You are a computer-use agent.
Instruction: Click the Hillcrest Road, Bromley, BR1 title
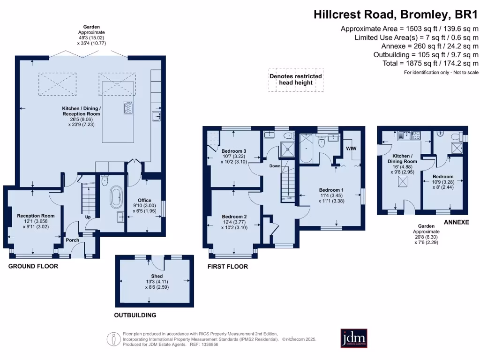tap(396, 14)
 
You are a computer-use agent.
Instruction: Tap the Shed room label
tap(157, 276)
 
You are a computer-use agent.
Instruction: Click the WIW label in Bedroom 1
tap(351, 148)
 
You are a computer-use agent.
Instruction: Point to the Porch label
tap(72, 240)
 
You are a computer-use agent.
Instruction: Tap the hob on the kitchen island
tap(128, 108)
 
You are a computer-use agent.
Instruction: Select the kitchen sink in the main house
tap(156, 115)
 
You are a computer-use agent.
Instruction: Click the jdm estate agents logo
tap(353, 338)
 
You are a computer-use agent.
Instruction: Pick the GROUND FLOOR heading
tap(33, 266)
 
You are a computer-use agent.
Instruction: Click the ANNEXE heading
tap(456, 222)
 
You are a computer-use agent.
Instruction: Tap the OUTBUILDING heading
tap(135, 315)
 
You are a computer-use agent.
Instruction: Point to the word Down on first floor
tap(275, 166)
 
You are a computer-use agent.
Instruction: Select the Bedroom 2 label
tap(234, 217)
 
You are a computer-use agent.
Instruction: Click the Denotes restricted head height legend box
tap(295, 79)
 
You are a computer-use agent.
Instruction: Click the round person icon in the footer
tap(113, 338)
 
